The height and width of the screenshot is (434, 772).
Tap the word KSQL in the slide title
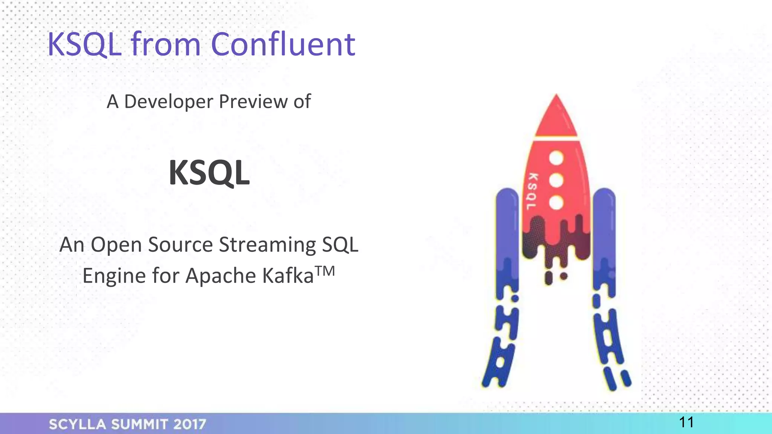pyautogui.click(x=85, y=45)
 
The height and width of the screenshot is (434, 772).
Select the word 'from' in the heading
pyautogui.click(x=166, y=44)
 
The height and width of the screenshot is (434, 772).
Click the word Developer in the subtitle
pyautogui.click(x=168, y=102)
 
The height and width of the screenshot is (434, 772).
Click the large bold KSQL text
pyautogui.click(x=209, y=173)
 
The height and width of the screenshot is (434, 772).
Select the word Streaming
pyautogui.click(x=268, y=245)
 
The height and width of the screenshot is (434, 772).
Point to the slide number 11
pyautogui.click(x=686, y=422)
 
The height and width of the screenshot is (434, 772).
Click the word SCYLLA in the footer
pyautogui.click(x=78, y=425)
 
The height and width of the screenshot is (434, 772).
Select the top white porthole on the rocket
pyautogui.click(x=556, y=158)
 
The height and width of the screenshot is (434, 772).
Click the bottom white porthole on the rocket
pyautogui.click(x=556, y=203)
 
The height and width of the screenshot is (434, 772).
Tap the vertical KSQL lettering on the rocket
pyautogui.click(x=532, y=191)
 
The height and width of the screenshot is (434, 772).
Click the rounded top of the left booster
pyautogui.click(x=507, y=196)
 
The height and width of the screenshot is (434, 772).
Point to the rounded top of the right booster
pyautogui.click(x=604, y=196)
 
